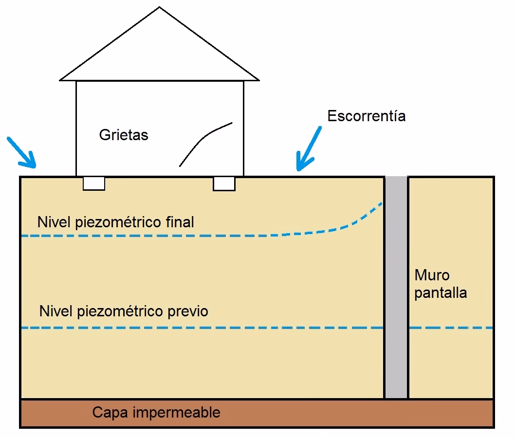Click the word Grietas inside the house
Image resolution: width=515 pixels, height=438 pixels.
(x=124, y=135)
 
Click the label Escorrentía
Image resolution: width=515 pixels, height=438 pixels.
(x=366, y=116)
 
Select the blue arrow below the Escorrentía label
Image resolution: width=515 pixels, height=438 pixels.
(x=309, y=149)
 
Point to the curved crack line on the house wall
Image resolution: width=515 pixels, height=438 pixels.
(x=204, y=141)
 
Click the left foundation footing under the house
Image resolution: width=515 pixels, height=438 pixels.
(x=93, y=183)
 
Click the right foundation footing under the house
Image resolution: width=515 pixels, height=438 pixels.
(x=224, y=183)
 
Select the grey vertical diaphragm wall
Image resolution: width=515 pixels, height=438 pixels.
(x=396, y=287)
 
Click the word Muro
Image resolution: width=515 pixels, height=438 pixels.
(x=432, y=275)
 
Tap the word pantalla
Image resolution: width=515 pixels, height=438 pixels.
(x=441, y=293)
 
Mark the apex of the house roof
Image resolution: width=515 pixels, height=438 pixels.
(x=160, y=7)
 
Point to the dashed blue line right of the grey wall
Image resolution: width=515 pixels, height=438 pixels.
(x=450, y=328)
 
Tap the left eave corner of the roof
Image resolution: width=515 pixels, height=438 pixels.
(x=60, y=80)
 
